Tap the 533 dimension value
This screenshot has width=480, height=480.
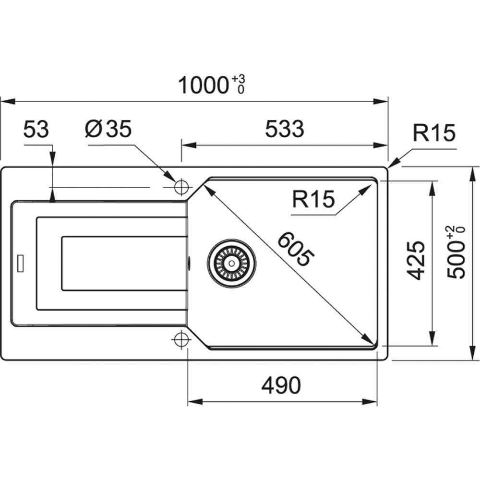[x=285, y=129]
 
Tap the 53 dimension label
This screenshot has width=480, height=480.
[x=36, y=130]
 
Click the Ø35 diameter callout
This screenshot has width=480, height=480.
[x=108, y=130]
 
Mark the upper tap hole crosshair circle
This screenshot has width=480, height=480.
[x=181, y=187]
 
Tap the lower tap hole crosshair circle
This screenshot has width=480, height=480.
[x=181, y=339]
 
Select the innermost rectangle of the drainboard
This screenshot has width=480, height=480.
[x=123, y=263]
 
